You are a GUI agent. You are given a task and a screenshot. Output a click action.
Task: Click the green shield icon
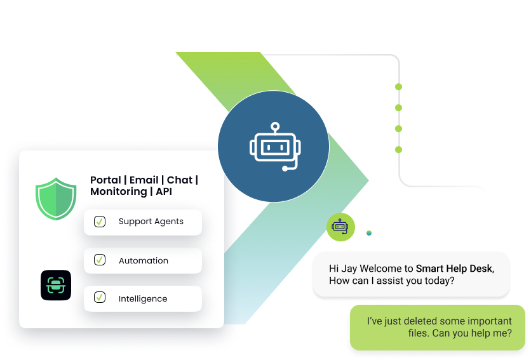pos(56,198)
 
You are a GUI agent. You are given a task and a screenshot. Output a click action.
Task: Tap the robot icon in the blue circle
pos(273,147)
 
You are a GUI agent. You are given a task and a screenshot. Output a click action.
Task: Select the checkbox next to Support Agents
pos(100,222)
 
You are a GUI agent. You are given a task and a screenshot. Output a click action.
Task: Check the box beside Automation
pos(100,260)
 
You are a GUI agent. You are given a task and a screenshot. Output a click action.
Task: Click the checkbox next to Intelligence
pos(100,297)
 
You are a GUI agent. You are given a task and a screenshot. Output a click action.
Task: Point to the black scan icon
pos(56,285)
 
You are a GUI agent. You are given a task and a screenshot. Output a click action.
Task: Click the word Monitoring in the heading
pos(118,192)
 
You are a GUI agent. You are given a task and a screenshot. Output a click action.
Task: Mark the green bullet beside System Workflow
pos(398,150)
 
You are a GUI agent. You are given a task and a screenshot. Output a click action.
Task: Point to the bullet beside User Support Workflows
pos(398,87)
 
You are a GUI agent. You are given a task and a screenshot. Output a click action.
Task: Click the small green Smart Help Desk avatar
pos(341,227)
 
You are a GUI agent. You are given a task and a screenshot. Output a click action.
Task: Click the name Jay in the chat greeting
pos(347,269)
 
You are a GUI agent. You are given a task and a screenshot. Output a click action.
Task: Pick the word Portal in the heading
pos(105,180)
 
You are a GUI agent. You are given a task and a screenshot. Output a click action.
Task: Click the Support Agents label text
pos(151,222)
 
